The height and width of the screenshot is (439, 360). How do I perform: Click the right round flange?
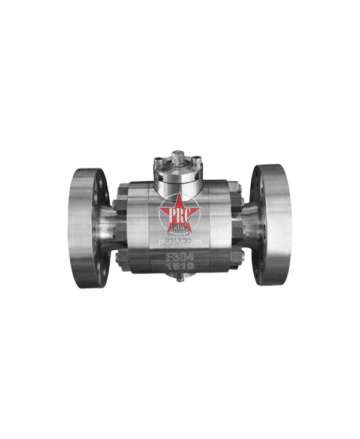pyautogui.click(x=271, y=225)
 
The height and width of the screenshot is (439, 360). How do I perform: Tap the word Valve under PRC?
pyautogui.click(x=178, y=226)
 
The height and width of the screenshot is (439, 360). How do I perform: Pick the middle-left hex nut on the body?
pyautogui.click(x=120, y=228)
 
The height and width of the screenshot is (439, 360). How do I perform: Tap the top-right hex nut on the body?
pyautogui.click(x=238, y=191)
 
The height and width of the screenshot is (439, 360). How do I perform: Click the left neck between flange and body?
pyautogui.click(x=108, y=227)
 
